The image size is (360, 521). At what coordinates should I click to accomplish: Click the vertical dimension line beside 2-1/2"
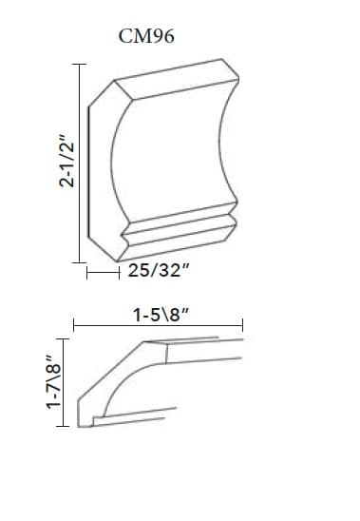(81, 162)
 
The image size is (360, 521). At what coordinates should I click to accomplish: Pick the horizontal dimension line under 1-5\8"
(158, 325)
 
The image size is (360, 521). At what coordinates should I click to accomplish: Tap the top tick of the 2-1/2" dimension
(81, 64)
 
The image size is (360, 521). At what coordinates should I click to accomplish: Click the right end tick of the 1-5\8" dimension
(243, 325)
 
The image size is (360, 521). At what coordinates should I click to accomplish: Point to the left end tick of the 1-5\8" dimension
(73, 325)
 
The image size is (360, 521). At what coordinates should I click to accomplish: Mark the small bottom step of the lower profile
(98, 418)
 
